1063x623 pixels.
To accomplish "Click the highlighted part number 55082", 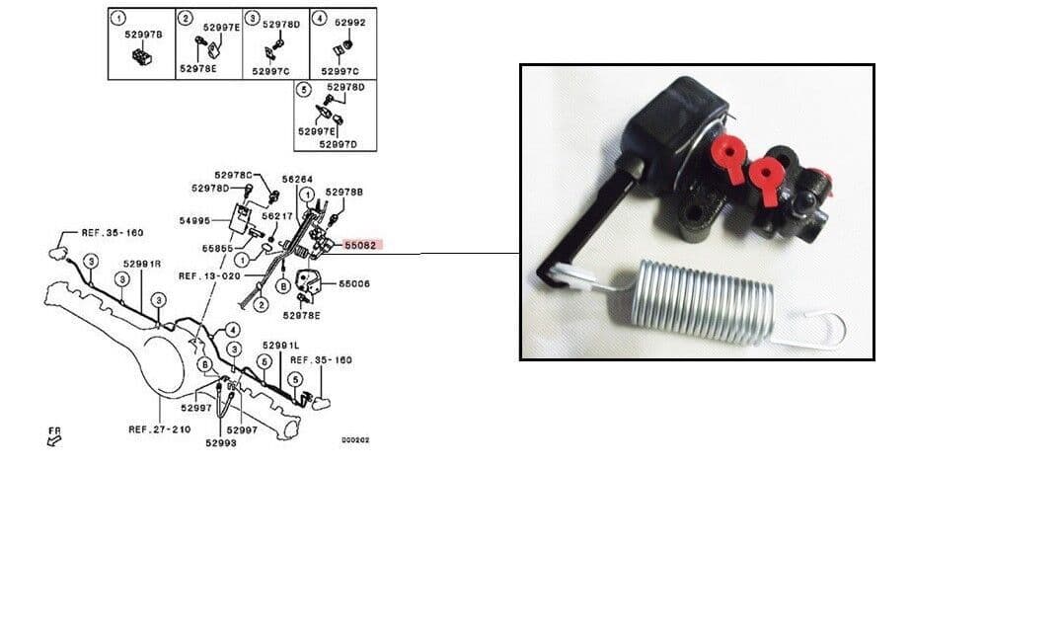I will pos(360,243).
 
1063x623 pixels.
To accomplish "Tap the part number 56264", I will pos(298,180).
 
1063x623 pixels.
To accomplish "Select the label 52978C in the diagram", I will pos(234,175).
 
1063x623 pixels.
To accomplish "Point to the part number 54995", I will pos(195,221).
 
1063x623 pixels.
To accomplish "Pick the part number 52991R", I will pos(141,265).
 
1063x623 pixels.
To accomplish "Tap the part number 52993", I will pos(221,443).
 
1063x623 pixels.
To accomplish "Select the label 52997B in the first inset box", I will pos(143,34).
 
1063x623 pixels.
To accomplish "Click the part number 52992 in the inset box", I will pos(350,22).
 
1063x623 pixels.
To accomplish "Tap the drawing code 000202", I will pos(355,440).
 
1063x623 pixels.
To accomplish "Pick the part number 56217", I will pos(279,216).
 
